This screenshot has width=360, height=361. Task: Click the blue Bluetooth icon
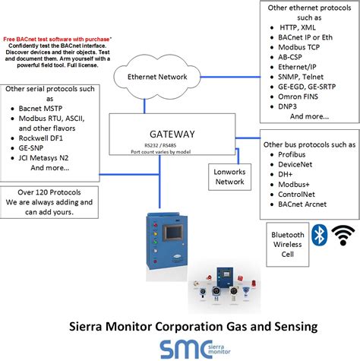pos(321,236)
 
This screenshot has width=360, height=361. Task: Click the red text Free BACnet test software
pos(57,37)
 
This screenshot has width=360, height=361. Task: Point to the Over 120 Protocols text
pos(49,192)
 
